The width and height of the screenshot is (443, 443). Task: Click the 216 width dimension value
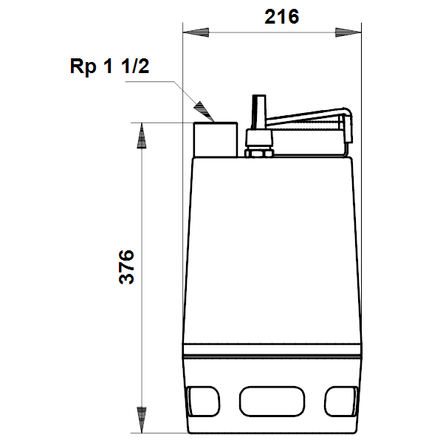tap(282, 17)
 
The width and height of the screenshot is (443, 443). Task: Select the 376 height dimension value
tap(126, 267)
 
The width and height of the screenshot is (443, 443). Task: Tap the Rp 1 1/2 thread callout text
tap(109, 66)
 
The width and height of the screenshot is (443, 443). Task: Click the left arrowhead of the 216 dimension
tap(196, 32)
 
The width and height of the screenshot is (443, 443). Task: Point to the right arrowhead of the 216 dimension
tap(348, 32)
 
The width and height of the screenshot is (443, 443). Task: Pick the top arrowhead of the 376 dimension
tap(142, 136)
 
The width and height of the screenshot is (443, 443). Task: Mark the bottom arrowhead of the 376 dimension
tap(142, 420)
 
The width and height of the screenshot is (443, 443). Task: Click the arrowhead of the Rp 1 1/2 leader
tap(204, 111)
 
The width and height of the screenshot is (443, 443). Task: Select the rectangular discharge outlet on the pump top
tap(216, 140)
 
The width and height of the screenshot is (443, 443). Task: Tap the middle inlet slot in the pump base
tap(272, 401)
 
